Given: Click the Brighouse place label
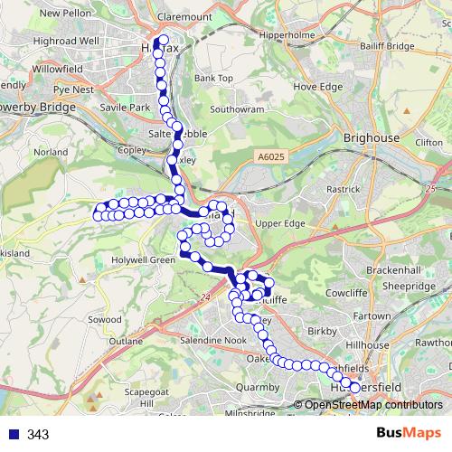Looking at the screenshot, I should pyautogui.click(x=372, y=137).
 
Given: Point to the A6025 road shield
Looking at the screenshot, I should pyautogui.click(x=267, y=155).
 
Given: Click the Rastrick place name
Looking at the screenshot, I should pyautogui.click(x=344, y=190).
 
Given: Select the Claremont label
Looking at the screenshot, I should pyautogui.click(x=184, y=16).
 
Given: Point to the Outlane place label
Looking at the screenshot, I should pyautogui.click(x=125, y=342).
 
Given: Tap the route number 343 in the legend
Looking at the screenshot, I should pyautogui.click(x=38, y=435).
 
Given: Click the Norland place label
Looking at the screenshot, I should pyautogui.click(x=50, y=153).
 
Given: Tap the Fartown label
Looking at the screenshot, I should pyautogui.click(x=371, y=316).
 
